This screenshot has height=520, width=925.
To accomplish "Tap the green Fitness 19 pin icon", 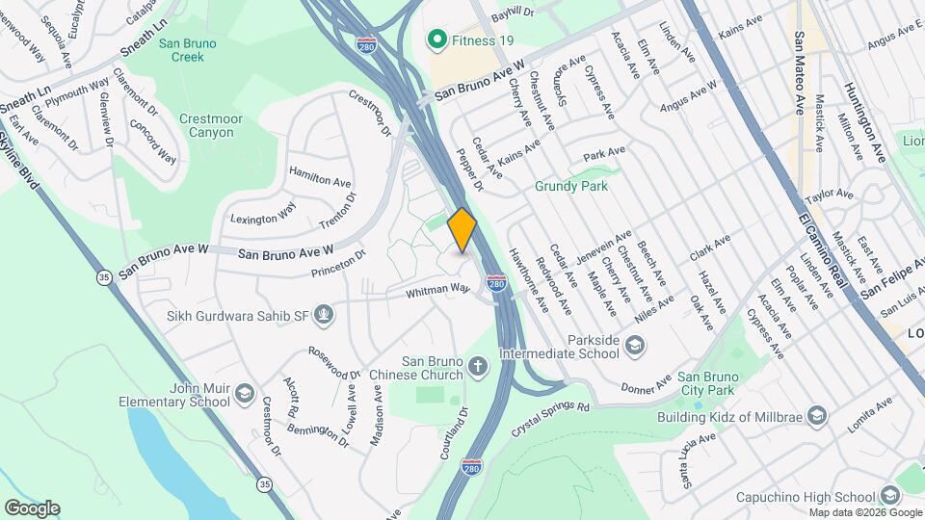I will (x=436, y=39).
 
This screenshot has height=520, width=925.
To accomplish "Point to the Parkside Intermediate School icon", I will (x=635, y=345).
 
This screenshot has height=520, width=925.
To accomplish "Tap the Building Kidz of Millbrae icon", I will (x=818, y=416).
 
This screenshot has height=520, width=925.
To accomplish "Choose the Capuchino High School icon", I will (x=889, y=496).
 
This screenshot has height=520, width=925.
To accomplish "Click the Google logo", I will (x=32, y=508).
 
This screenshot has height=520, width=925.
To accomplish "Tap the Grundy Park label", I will (x=572, y=186).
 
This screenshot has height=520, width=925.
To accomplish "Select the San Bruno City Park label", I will (x=705, y=382).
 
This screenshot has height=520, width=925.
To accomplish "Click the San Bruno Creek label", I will (x=182, y=49).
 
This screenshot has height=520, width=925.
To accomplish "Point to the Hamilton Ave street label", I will (x=321, y=181).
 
